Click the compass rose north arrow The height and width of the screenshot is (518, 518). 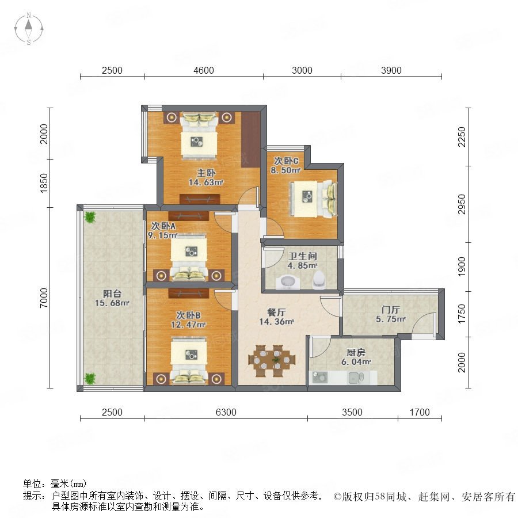(x=29, y=25)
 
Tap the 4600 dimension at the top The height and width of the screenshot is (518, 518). (x=204, y=70)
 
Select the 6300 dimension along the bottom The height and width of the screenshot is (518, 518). (x=226, y=412)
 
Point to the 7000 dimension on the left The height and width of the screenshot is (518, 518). (x=44, y=298)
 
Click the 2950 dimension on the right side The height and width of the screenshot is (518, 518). (x=462, y=204)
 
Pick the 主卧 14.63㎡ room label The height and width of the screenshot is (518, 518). (x=206, y=177)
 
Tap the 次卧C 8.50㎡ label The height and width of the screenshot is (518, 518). (x=285, y=166)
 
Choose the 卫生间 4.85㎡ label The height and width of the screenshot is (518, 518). (x=302, y=261)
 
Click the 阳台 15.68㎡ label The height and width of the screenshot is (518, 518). (x=112, y=298)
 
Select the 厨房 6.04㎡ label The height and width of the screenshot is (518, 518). (x=356, y=357)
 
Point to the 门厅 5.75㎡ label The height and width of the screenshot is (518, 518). (x=390, y=314)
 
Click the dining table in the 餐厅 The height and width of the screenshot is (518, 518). (x=272, y=361)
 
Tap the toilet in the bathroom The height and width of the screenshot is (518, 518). (x=319, y=280)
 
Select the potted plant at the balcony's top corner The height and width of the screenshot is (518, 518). (x=90, y=217)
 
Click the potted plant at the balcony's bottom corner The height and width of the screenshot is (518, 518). (x=90, y=378)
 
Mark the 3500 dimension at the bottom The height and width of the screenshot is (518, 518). (x=352, y=412)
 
